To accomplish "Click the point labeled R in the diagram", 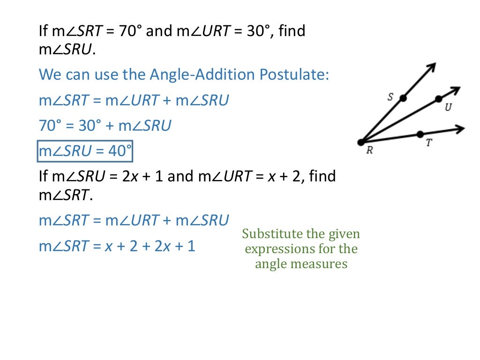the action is pos(360,142).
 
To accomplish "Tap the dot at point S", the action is pos(403,98).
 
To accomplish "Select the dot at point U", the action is pos(438,99).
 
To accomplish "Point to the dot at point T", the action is pos(420,135).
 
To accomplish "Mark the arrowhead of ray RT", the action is pos(461,128).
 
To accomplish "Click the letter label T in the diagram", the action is pos(428,143).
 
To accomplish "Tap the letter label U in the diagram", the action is pos(448,108).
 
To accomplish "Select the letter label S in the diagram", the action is pos(390,97).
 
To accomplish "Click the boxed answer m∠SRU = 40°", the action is pos(85,151).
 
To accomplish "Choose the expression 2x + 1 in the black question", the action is pos(143,177).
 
